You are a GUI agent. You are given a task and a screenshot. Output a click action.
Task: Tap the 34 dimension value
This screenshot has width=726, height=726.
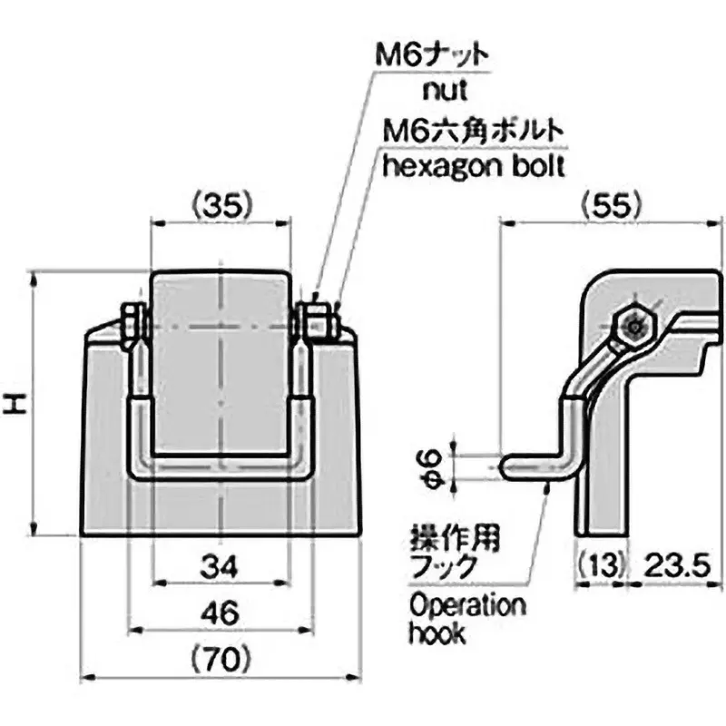220,566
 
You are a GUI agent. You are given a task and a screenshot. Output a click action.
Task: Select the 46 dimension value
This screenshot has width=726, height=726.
221,613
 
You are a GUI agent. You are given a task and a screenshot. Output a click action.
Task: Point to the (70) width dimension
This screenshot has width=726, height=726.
221,660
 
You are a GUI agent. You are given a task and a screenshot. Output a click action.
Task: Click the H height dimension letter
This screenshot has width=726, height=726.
15,404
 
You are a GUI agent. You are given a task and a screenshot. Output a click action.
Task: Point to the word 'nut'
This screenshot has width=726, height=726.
445,90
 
